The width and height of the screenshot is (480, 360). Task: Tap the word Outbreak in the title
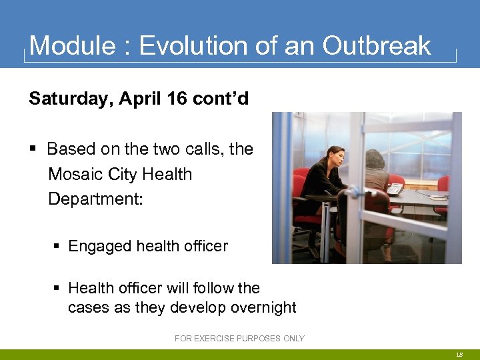point(377,46)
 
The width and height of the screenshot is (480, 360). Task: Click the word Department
point(95,199)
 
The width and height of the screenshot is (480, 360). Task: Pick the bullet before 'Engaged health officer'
point(59,247)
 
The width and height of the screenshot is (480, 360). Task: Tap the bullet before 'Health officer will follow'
point(59,289)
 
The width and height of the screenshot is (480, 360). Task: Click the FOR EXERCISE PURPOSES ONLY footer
point(239,339)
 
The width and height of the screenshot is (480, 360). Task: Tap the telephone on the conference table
point(395,189)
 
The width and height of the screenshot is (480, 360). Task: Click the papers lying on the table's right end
point(439,197)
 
